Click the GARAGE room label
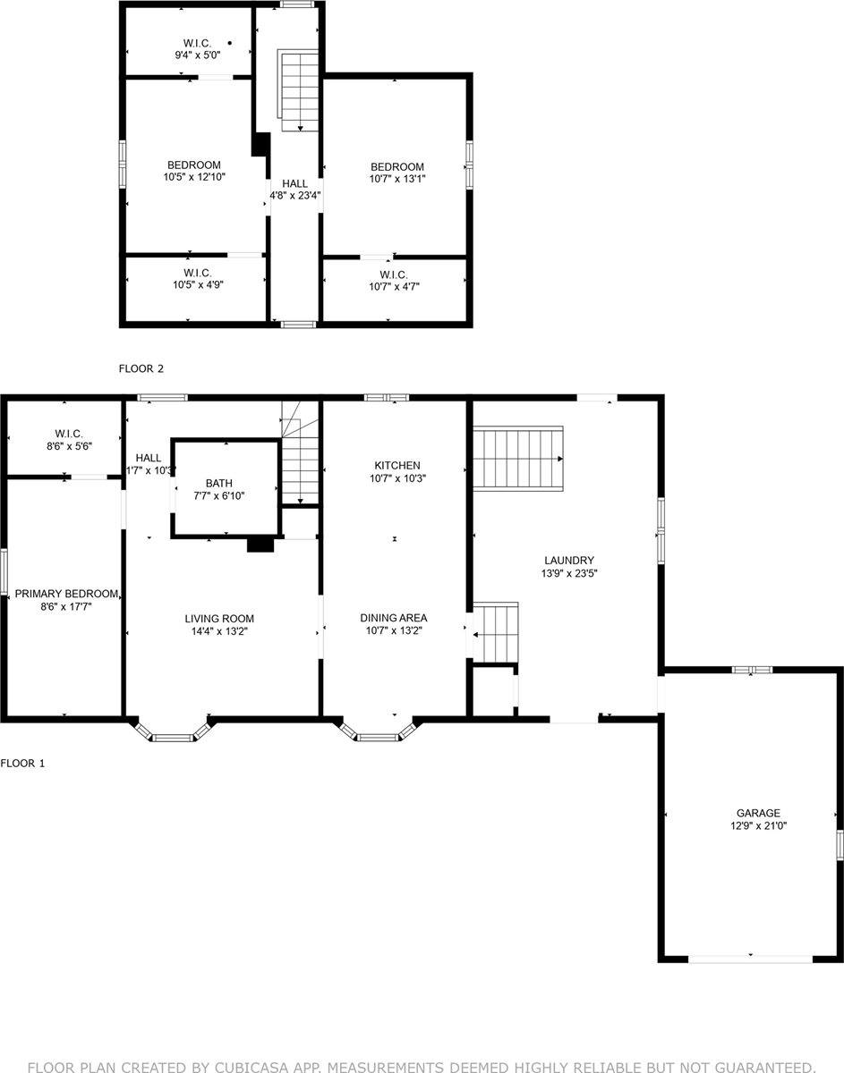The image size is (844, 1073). (758, 813)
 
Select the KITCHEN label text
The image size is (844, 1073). (396, 465)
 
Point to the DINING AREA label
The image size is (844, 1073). (393, 618)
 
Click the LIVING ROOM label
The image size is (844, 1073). (219, 619)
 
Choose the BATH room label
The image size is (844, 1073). (218, 483)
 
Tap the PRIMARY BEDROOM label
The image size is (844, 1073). (66, 594)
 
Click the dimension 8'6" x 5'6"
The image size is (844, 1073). (68, 445)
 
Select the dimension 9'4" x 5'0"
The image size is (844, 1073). (197, 55)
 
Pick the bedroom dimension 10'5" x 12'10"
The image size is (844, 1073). (194, 177)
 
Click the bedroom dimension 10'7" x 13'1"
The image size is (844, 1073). (397, 178)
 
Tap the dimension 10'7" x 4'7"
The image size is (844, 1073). (394, 286)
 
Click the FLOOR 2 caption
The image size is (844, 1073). (141, 368)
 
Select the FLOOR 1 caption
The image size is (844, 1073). (22, 763)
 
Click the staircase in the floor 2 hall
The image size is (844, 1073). (299, 91)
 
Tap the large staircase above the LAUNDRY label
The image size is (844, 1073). (517, 458)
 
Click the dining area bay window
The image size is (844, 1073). (378, 732)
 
